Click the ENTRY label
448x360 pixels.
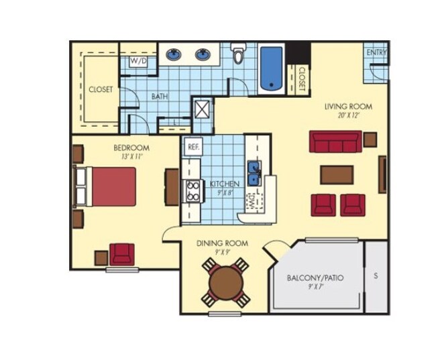click(x=376, y=53)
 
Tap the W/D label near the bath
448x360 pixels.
click(x=139, y=61)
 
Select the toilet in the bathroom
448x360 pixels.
click(x=239, y=54)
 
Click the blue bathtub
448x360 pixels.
click(x=270, y=68)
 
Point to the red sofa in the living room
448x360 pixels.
click(x=335, y=141)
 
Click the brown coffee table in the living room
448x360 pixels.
click(x=337, y=174)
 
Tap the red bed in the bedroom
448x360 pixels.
click(x=113, y=186)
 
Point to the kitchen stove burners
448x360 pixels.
click(x=193, y=191)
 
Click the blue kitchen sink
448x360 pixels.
click(x=255, y=172)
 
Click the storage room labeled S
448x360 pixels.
click(x=376, y=276)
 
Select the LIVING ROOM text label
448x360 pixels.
click(x=348, y=107)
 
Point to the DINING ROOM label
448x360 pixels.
click(x=222, y=243)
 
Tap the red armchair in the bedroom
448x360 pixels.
click(x=122, y=254)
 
